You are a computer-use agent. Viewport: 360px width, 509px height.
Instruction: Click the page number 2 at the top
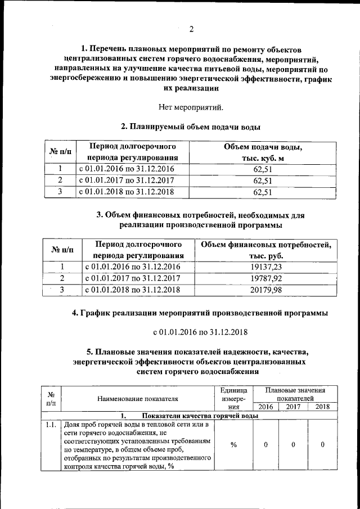(x=191, y=29)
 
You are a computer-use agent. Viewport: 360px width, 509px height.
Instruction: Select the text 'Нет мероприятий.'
(x=191, y=106)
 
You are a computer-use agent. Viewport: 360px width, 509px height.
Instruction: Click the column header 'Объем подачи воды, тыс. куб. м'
(x=263, y=152)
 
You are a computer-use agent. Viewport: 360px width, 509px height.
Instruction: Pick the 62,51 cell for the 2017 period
(x=263, y=181)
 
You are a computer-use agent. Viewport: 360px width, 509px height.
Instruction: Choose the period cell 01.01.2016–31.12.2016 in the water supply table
(x=127, y=169)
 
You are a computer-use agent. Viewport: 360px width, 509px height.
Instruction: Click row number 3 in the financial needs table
(x=63, y=290)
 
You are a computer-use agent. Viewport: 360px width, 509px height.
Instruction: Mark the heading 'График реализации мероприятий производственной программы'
(x=200, y=312)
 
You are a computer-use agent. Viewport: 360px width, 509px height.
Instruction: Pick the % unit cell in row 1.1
(x=234, y=444)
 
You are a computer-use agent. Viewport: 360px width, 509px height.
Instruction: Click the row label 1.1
(x=51, y=425)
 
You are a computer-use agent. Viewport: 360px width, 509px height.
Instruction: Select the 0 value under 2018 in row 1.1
(x=322, y=444)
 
